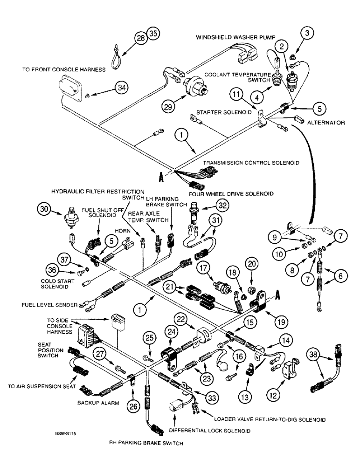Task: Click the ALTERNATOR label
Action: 326,123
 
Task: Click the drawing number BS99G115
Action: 64,433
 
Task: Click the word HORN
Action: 119,231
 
